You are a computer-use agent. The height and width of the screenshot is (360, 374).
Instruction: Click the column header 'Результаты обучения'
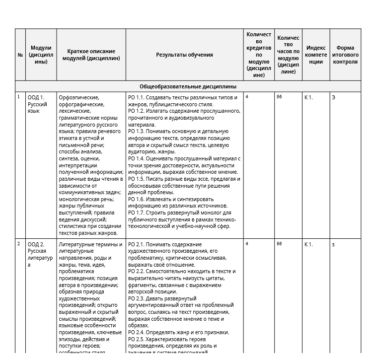tap(184, 55)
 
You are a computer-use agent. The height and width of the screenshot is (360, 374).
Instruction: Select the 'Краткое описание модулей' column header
tap(91, 55)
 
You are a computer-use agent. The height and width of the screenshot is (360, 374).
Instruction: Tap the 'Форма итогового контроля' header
tap(345, 55)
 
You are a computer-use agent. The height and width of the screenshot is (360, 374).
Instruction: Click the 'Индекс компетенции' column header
tap(316, 55)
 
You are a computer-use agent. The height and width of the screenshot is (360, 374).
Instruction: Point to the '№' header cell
tap(20, 55)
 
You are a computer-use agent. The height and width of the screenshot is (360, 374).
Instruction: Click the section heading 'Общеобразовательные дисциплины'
tap(188, 86)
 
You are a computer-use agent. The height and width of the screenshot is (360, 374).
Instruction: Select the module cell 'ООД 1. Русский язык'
tap(37, 104)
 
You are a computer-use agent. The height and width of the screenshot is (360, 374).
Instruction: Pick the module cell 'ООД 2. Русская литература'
tap(40, 254)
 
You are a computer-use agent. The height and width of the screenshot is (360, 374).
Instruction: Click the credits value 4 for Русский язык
tap(247, 97)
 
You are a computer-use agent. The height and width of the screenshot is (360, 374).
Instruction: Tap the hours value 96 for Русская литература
tap(279, 244)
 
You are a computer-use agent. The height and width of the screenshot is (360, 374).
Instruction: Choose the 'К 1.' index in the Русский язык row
tap(308, 97)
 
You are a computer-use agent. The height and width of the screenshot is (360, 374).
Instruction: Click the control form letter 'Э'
tap(333, 97)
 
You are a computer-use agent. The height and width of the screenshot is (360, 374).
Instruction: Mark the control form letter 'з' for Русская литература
tap(333, 244)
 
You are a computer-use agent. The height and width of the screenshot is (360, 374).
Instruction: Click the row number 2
tap(19, 244)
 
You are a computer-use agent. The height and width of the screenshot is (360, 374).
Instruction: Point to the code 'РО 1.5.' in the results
tap(136, 179)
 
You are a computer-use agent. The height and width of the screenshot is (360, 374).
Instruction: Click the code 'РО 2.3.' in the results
tap(136, 298)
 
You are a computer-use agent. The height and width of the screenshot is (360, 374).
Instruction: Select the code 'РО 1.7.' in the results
tap(136, 213)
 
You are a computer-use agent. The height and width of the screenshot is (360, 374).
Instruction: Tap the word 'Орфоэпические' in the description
tap(79, 97)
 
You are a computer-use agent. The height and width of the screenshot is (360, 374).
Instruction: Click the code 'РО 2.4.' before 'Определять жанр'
tap(136, 332)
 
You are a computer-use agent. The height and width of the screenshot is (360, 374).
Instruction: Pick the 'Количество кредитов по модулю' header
tap(259, 55)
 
